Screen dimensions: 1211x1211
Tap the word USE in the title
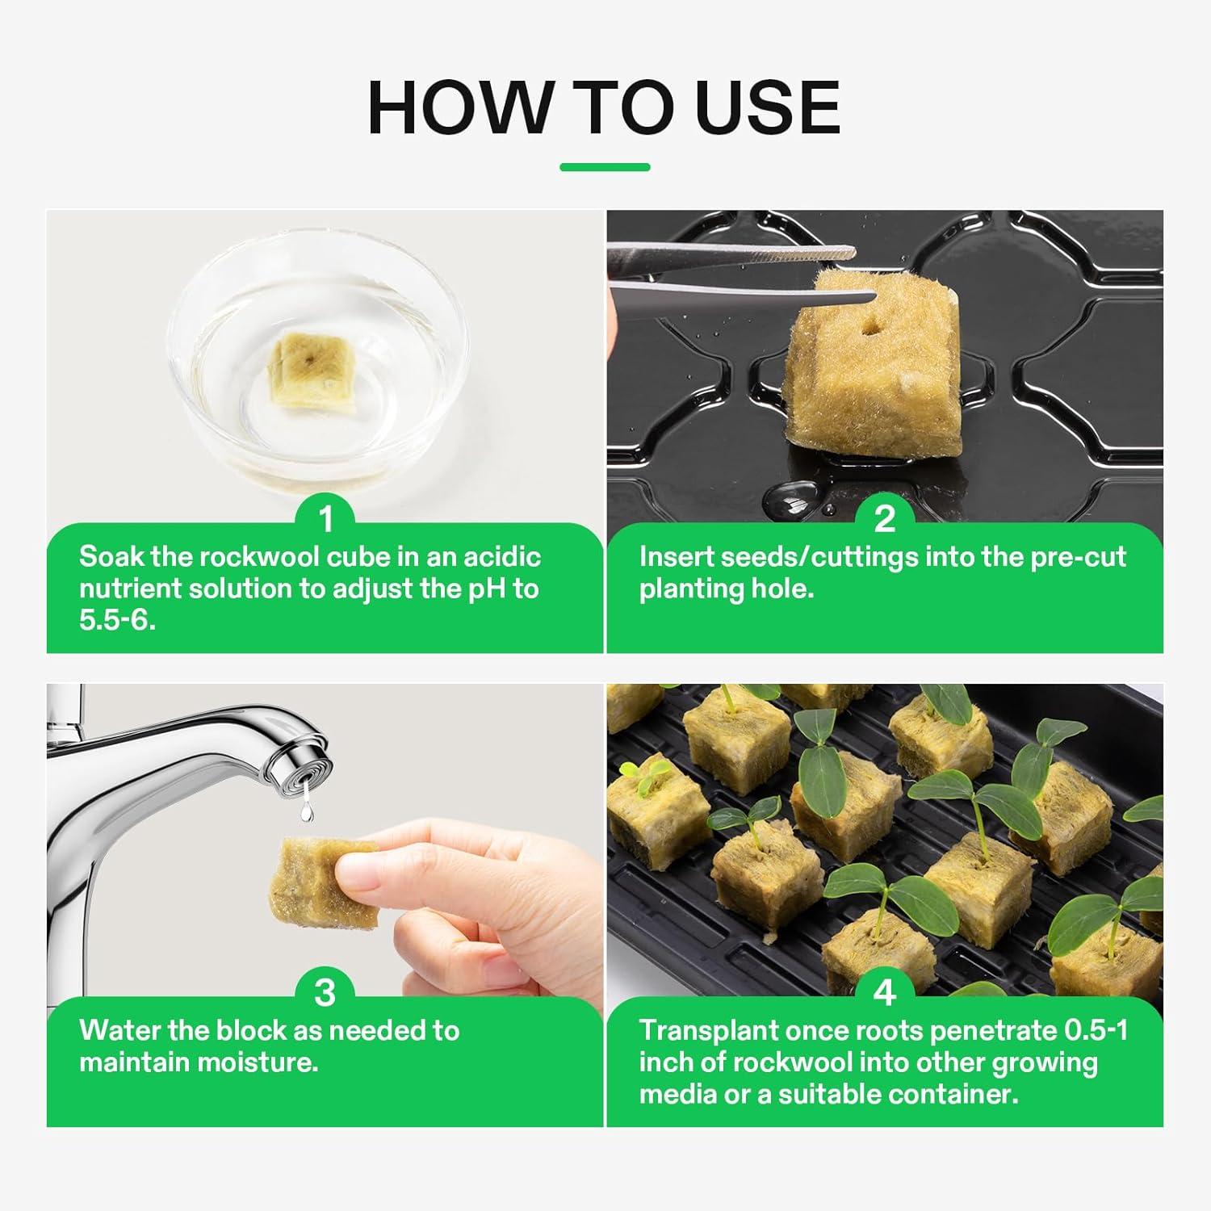[x=768, y=107]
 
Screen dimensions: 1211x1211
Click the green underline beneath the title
[x=605, y=167]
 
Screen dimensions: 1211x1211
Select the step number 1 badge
[x=325, y=519]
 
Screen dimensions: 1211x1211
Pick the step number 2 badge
[x=885, y=519]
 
